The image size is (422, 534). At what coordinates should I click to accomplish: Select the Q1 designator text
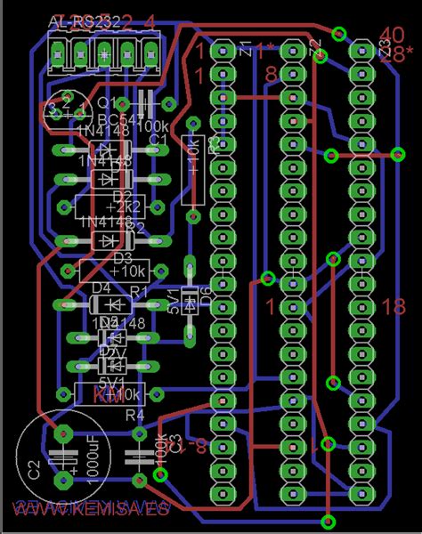tap(113, 101)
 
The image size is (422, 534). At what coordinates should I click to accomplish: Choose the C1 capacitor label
tap(158, 140)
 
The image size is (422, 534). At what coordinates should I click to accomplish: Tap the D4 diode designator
tap(101, 287)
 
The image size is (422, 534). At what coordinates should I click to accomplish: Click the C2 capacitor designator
tap(34, 470)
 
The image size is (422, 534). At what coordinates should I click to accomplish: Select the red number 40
tap(392, 35)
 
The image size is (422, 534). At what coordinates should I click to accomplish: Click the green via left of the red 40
tap(338, 34)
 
